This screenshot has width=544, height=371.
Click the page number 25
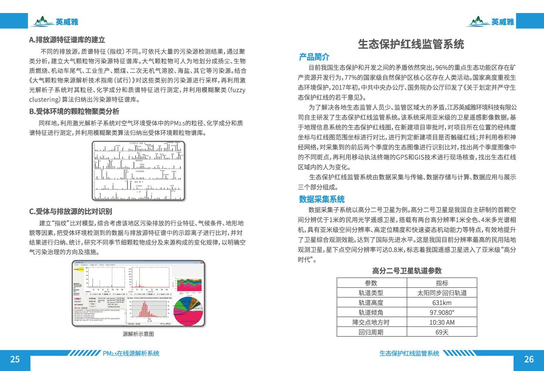15,359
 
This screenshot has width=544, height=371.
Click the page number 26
529,359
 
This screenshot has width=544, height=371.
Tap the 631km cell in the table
442,303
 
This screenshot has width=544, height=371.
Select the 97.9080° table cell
442,312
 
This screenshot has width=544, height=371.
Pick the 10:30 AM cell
442,322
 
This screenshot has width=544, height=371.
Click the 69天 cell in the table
442,332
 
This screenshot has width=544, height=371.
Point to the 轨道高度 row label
371,303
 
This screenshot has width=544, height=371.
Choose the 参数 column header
371,283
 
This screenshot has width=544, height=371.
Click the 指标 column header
442,283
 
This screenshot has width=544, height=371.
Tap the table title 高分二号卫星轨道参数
407,271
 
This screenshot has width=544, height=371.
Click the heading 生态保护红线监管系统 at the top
411,44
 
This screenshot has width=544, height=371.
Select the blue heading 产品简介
314,57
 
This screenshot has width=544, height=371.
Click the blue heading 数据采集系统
322,199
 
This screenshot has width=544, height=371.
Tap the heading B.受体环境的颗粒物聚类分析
74,111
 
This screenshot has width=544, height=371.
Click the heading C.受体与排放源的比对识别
71,212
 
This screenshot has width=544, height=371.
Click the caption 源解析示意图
138,334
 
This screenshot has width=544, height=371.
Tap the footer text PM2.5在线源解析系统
131,354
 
